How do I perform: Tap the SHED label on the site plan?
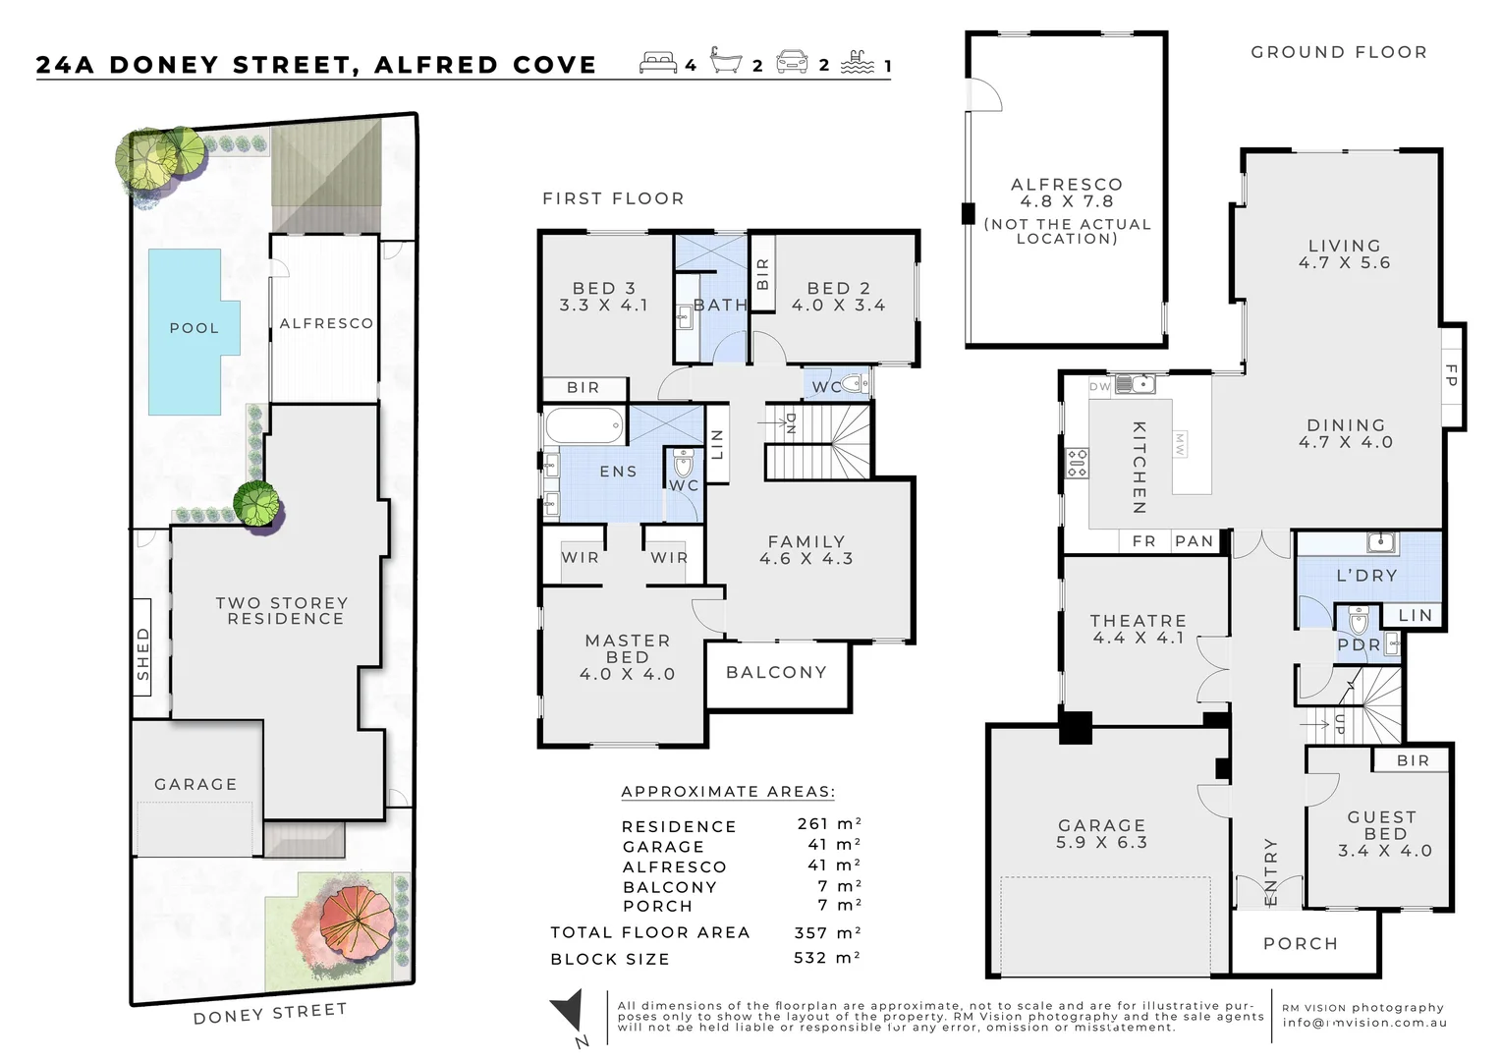pyautogui.click(x=142, y=653)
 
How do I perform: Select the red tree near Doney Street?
pyautogui.click(x=356, y=924)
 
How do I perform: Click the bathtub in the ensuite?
pyautogui.click(x=584, y=425)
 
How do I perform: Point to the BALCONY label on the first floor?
pyautogui.click(x=777, y=672)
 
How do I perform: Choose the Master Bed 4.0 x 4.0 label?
pyautogui.click(x=627, y=657)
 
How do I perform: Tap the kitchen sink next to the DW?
pyautogui.click(x=1136, y=385)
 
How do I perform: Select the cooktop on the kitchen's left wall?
pyautogui.click(x=1078, y=463)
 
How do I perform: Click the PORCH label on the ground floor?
pyautogui.click(x=1301, y=944)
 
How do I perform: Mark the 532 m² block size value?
pyautogui.click(x=827, y=958)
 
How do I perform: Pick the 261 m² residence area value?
pyautogui.click(x=829, y=823)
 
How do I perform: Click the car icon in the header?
pyautogui.click(x=792, y=62)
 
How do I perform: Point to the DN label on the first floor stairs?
pyautogui.click(x=791, y=422)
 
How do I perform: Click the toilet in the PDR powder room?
pyautogui.click(x=1358, y=621)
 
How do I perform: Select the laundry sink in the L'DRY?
pyautogui.click(x=1382, y=541)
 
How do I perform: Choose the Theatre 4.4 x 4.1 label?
pyautogui.click(x=1139, y=630)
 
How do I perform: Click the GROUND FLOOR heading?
pyautogui.click(x=1339, y=52)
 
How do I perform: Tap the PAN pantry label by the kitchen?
pyautogui.click(x=1195, y=541)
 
